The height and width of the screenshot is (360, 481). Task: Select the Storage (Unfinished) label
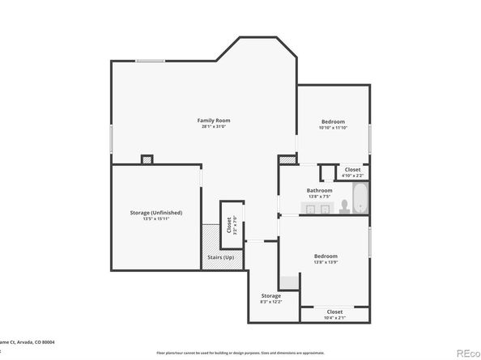pyautogui.click(x=155, y=212)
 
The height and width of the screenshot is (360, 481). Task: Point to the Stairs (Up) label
pyautogui.click(x=223, y=257)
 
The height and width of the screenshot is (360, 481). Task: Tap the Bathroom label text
pyautogui.click(x=319, y=191)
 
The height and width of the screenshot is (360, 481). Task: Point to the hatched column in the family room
pyautogui.click(x=147, y=159)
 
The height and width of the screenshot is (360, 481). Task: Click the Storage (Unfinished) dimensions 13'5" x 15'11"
pyautogui.click(x=155, y=218)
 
